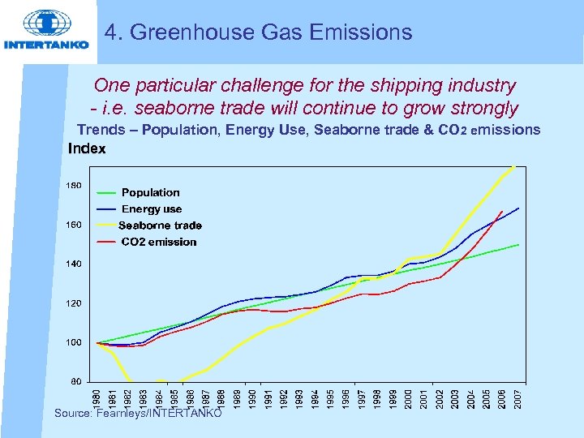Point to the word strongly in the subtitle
pos(479,108)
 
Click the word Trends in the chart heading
pos(101,130)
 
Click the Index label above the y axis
pos(87,149)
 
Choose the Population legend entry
pos(150,192)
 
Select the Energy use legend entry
pos(152,209)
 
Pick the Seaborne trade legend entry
pos(160,225)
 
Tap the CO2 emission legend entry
pos(159,242)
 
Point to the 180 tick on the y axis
pos(73,186)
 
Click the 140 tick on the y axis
pos(73,264)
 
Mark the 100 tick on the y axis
pos(73,342)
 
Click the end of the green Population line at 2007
pos(518,244)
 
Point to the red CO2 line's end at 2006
pos(502,212)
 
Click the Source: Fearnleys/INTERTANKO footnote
pos(138,413)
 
